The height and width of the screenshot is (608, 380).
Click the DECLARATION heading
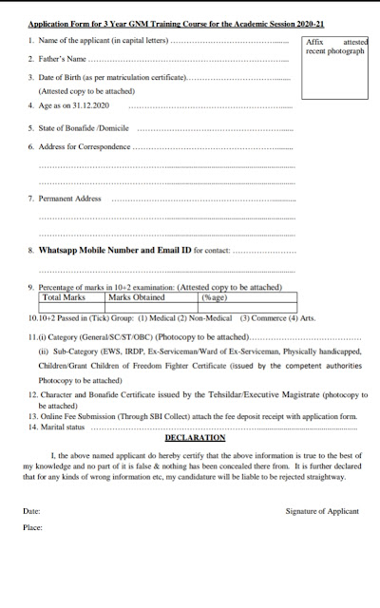(x=195, y=437)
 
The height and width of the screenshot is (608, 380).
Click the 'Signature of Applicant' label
(x=322, y=511)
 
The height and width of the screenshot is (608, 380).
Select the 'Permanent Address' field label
(x=69, y=199)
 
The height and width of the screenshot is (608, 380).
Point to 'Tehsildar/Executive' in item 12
(x=239, y=393)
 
